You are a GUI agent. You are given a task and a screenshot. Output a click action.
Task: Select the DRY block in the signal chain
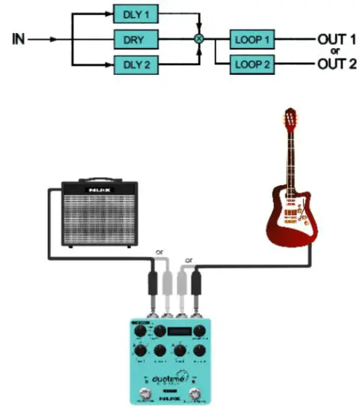tap(135, 37)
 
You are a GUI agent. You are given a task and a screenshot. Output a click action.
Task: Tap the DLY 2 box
tap(135, 64)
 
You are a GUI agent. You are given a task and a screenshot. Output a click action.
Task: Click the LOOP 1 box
tap(251, 37)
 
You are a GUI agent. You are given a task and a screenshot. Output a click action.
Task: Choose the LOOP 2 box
tap(251, 64)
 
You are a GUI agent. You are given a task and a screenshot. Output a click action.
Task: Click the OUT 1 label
tap(336, 37)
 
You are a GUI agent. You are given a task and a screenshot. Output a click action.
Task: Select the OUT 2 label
tap(336, 64)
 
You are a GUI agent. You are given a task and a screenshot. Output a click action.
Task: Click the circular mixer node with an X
tap(199, 37)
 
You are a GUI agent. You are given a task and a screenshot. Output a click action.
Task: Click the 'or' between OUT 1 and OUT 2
tap(335, 51)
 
